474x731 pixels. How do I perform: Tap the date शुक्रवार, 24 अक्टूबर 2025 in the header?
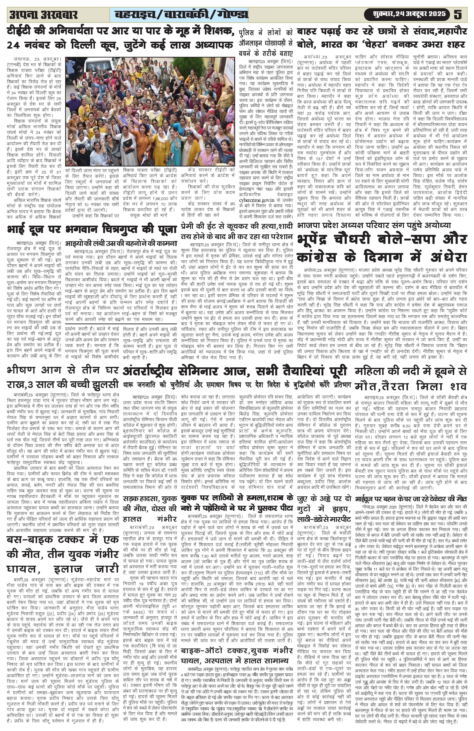click(409, 14)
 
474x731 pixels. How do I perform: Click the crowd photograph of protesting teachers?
click(150, 111)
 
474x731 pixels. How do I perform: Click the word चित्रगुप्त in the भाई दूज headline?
click(118, 229)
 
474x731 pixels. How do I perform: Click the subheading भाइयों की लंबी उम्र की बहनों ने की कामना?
click(121, 244)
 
